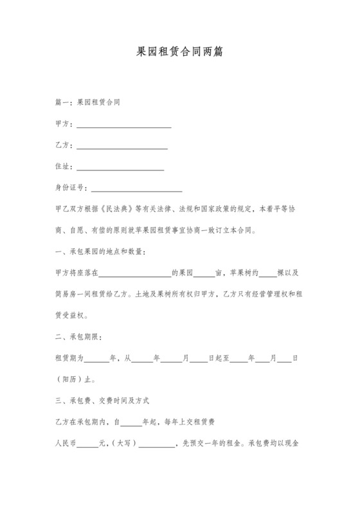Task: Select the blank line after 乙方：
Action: pyautogui.click(x=122, y=147)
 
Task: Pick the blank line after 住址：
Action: pyautogui.click(x=120, y=167)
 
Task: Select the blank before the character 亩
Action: pyautogui.click(x=204, y=273)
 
